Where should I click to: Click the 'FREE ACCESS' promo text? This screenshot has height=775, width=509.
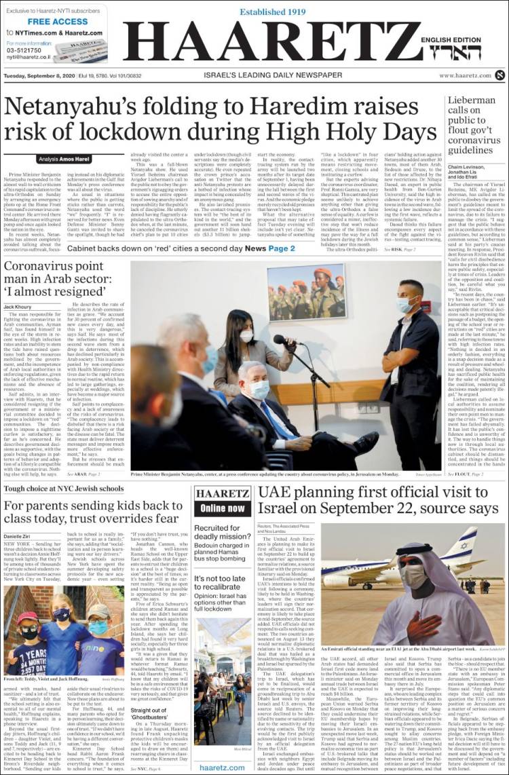[57, 22]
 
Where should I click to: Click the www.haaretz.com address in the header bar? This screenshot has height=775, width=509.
[464, 75]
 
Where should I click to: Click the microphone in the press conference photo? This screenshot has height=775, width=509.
[280, 339]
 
